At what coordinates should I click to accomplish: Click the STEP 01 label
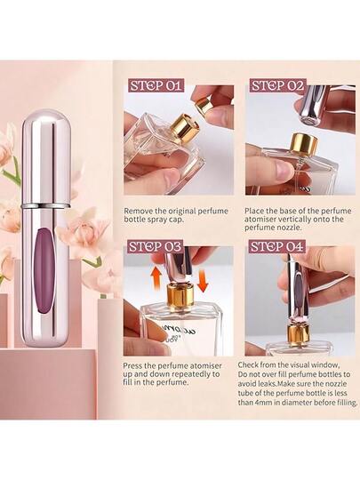coord(156,85)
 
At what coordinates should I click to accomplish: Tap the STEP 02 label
coord(277,85)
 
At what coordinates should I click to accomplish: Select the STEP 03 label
coord(155,246)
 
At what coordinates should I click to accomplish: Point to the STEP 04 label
coord(277,246)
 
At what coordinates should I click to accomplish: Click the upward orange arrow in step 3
coord(157,277)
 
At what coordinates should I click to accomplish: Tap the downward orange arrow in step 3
coord(203,279)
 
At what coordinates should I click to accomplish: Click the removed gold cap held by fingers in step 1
coord(204,105)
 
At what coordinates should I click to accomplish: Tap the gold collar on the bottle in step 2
coord(304,142)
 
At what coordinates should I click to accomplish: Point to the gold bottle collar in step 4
coord(298,335)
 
